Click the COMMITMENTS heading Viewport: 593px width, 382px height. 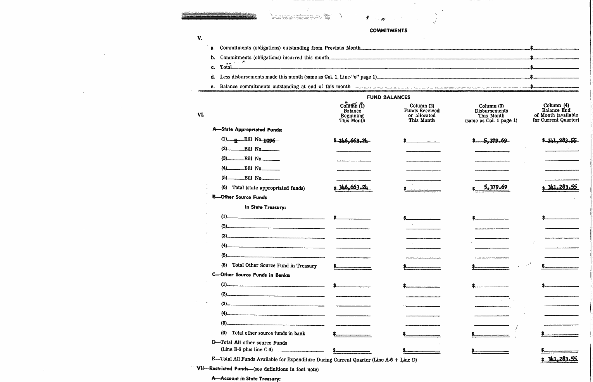pos(388,31)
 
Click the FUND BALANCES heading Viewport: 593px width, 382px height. pos(388,97)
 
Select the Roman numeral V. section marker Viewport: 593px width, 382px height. pos(200,38)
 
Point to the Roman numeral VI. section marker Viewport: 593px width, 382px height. pos(200,115)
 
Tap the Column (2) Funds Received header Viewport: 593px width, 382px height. pos(422,113)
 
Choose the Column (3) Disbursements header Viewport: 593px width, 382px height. pos(491,113)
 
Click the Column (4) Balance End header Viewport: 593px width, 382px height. pos(556,113)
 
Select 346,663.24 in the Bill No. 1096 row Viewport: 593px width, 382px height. pos(353,141)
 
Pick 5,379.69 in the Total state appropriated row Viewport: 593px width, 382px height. pos(495,188)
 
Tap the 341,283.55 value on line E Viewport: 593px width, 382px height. pos(561,359)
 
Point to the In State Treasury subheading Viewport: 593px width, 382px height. pos(265,207)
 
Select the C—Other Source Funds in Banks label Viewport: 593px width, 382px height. pos(251,275)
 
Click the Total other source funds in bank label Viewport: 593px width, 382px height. pos(268,333)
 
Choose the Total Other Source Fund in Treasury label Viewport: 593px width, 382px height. pos(274,266)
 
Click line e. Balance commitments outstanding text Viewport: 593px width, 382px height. pos(285,87)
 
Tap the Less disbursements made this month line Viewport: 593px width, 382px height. pos(298,77)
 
